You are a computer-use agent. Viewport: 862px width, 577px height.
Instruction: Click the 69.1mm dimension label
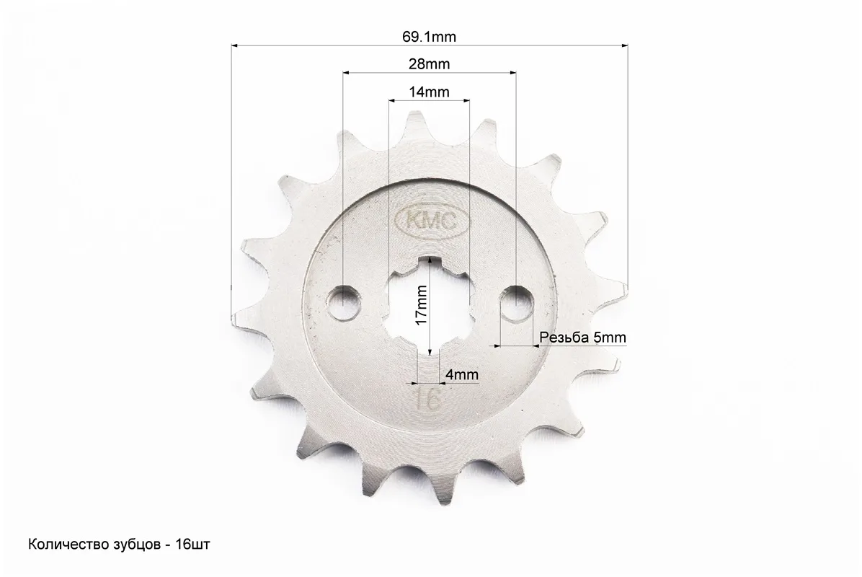[430, 37]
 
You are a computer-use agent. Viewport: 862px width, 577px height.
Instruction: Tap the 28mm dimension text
[430, 64]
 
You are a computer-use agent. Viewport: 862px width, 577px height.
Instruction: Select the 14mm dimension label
[430, 92]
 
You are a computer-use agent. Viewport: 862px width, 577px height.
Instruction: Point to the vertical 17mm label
[421, 305]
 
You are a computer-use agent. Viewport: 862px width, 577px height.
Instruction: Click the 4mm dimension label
[462, 374]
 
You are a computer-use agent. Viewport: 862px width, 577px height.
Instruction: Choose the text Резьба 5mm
[583, 337]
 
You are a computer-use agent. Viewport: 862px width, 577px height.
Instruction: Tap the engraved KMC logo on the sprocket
[433, 221]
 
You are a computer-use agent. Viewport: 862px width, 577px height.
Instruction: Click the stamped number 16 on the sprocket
[428, 400]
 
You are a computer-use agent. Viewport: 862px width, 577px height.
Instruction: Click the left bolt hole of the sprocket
[343, 302]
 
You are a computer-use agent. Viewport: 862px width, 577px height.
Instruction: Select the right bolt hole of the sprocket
[516, 302]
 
